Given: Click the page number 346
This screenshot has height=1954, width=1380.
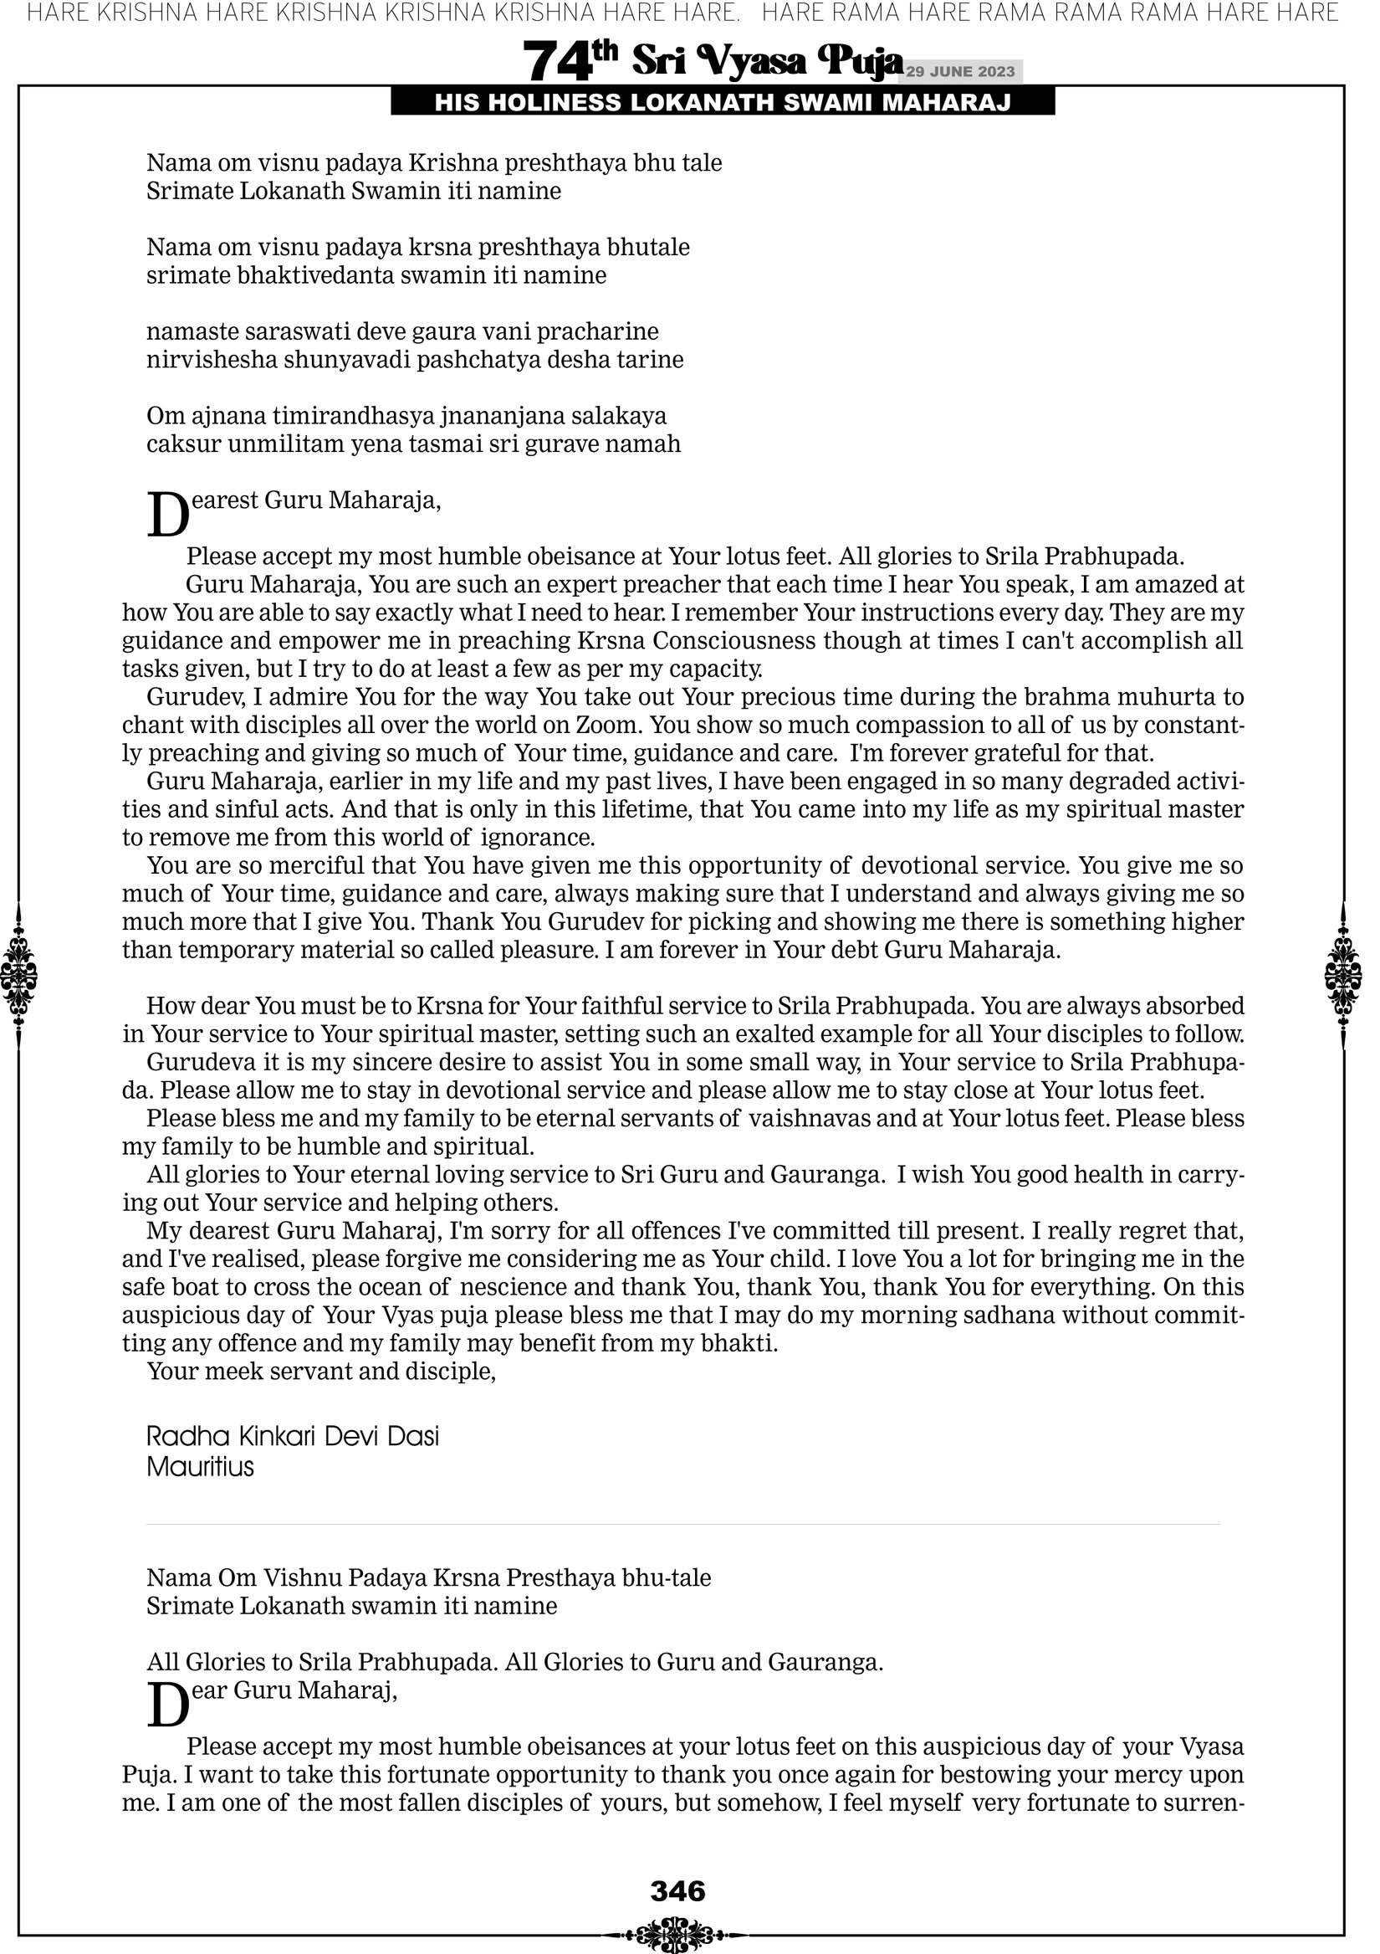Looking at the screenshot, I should point(677,1892).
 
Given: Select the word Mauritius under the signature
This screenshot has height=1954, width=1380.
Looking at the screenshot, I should point(200,1466).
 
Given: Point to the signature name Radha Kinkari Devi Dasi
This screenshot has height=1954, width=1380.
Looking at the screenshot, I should point(293,1437).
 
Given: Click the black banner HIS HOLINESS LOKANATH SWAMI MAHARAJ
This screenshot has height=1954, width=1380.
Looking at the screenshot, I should point(723,103).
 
